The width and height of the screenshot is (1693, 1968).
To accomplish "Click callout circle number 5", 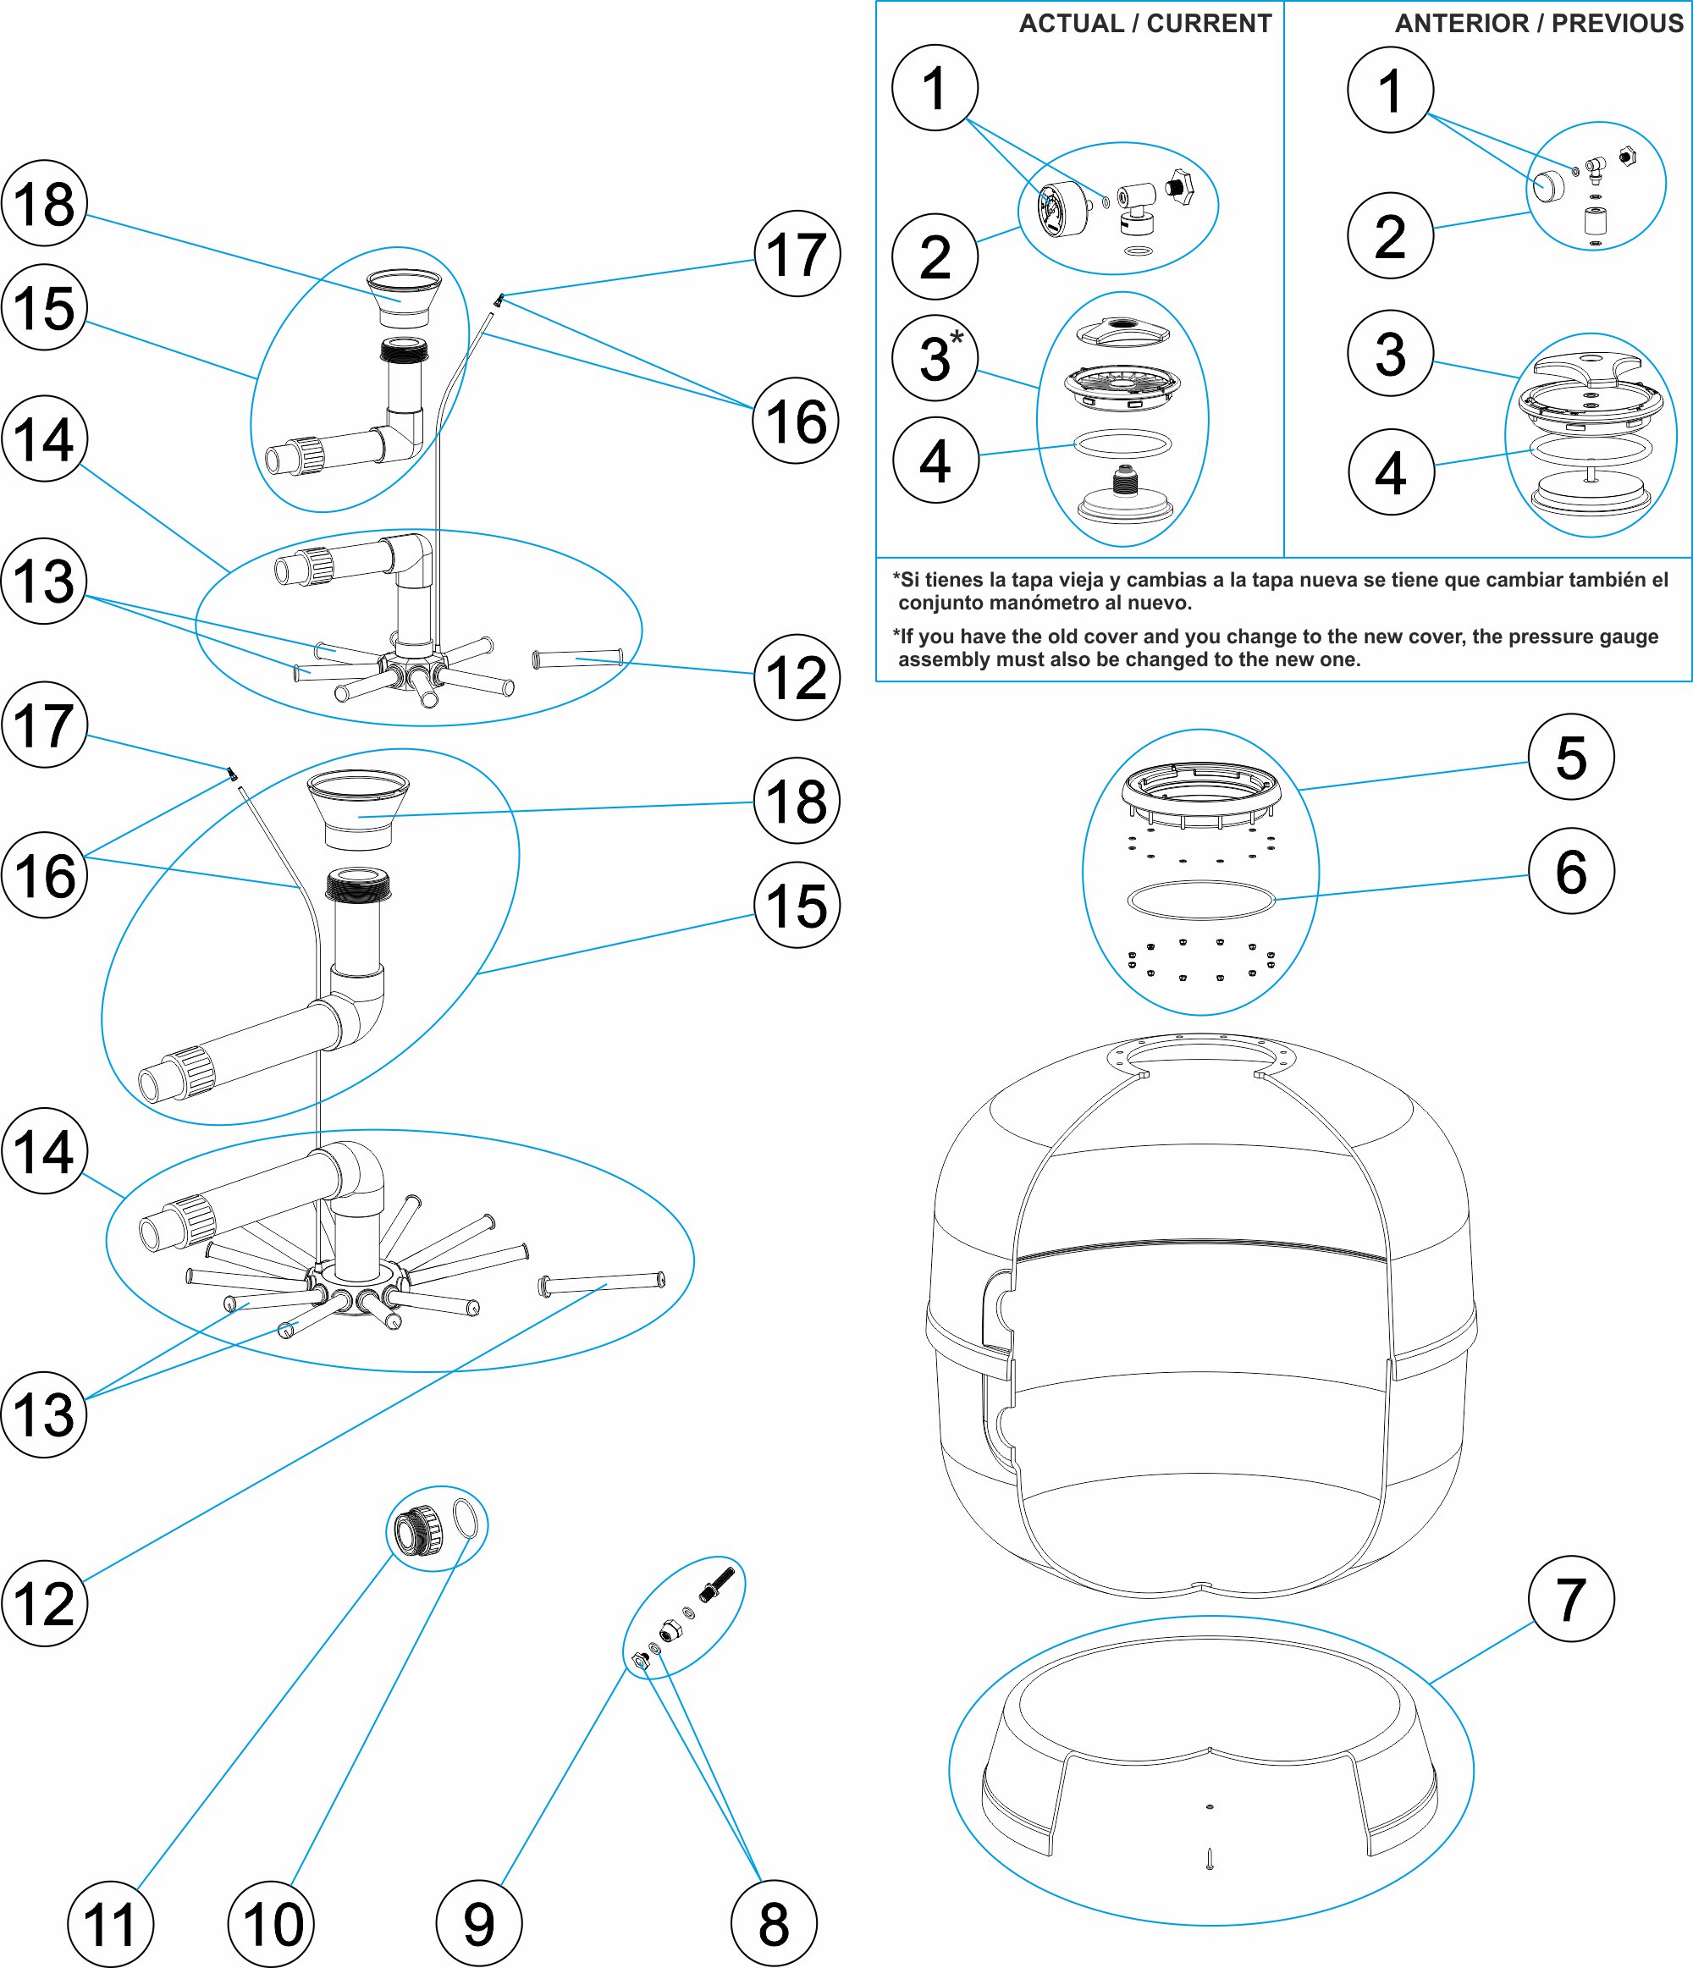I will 1570,757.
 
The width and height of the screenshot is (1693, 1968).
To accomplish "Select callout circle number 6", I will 1570,871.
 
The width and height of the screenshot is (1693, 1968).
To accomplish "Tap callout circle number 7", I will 1570,1599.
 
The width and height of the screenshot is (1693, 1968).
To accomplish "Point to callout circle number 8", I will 774,1923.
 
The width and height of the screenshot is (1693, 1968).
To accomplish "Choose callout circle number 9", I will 479,1923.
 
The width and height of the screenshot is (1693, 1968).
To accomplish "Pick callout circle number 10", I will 272,1923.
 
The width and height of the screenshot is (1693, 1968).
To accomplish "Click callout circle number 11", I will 110,1923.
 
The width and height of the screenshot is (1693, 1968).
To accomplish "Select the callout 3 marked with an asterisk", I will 935,358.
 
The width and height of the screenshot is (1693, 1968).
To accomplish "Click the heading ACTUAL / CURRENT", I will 1144,24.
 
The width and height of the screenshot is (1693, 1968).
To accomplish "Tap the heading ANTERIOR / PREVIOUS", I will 1538,24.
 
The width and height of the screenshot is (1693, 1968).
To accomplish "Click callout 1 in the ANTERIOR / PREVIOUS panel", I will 1390,89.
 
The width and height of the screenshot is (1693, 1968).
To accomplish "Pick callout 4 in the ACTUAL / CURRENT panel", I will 935,460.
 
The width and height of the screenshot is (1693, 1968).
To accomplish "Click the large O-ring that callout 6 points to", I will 1200,900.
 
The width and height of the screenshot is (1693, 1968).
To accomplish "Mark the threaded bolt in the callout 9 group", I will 717,1584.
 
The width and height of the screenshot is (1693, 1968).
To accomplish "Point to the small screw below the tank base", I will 1210,1858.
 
